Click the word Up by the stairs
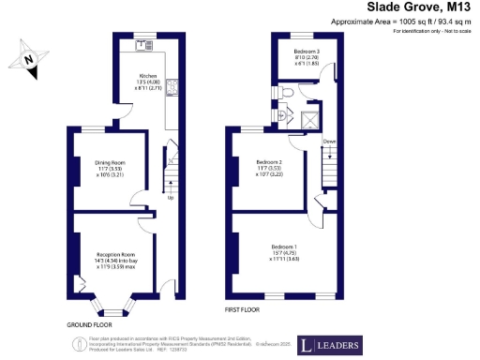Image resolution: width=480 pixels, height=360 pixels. point(171,198)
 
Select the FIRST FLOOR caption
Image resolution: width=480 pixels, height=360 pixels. point(243,308)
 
